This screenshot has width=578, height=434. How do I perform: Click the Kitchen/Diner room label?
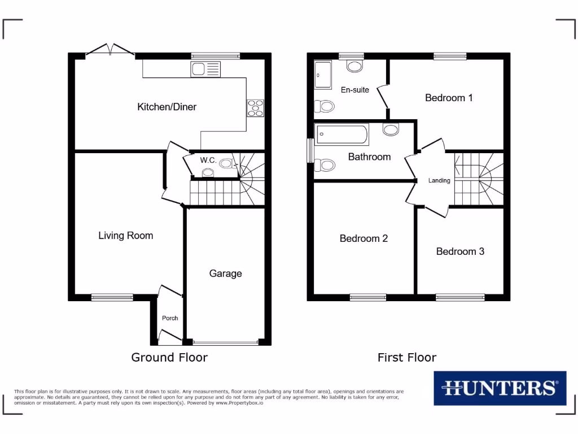(167, 107)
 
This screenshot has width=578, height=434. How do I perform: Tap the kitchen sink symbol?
(205, 70)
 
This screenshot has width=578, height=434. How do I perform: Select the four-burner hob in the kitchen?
(255, 107)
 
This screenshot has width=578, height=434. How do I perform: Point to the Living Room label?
(125, 235)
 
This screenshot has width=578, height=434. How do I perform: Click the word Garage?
(225, 274)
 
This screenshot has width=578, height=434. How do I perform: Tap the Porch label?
(170, 318)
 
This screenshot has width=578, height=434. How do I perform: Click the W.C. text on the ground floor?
(208, 160)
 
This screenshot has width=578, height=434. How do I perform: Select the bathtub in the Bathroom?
(342, 134)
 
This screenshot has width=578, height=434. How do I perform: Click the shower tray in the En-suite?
(323, 75)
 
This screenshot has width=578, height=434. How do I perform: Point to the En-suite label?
(355, 90)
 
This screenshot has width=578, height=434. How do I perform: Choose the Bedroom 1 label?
(449, 98)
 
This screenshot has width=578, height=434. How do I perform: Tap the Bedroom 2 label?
(364, 238)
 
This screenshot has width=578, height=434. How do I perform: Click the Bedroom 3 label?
(460, 251)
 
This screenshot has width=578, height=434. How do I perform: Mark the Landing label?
(439, 181)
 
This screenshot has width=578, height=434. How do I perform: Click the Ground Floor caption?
(169, 357)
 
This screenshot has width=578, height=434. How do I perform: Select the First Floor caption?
(407, 357)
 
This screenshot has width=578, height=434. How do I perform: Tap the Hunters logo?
(500, 388)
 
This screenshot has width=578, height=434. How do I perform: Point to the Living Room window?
(112, 297)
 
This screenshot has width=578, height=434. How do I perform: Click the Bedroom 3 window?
(460, 297)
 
